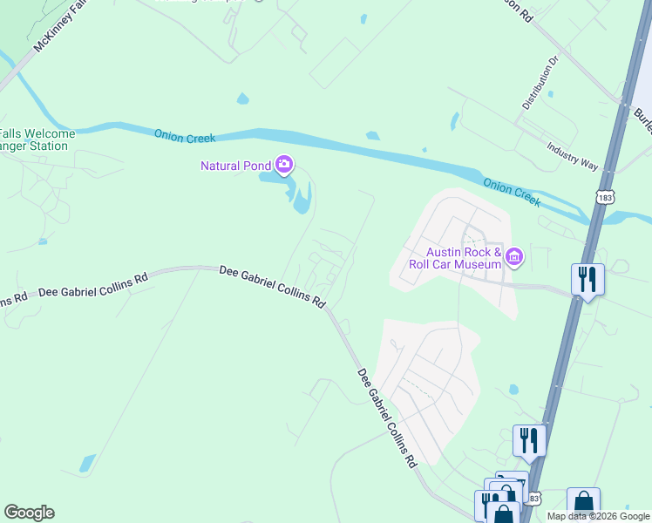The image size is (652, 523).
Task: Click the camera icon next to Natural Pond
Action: (x=283, y=165)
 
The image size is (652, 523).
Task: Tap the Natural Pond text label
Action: (x=235, y=166)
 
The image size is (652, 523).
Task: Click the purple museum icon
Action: (x=514, y=256)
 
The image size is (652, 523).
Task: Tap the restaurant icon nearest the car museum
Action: (x=587, y=280)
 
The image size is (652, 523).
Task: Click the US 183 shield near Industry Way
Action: (x=605, y=199)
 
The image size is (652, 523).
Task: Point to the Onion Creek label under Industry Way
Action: (x=513, y=193)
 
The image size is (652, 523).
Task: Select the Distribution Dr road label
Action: (x=539, y=84)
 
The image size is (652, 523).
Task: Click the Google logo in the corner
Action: (x=29, y=513)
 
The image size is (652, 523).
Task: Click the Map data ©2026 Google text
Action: (x=598, y=516)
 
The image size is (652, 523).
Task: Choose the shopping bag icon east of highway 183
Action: (x=583, y=503)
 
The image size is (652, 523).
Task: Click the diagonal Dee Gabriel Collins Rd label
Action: (x=387, y=419)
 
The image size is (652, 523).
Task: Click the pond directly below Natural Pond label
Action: (x=301, y=197)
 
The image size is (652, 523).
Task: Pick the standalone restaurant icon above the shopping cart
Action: (x=528, y=440)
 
